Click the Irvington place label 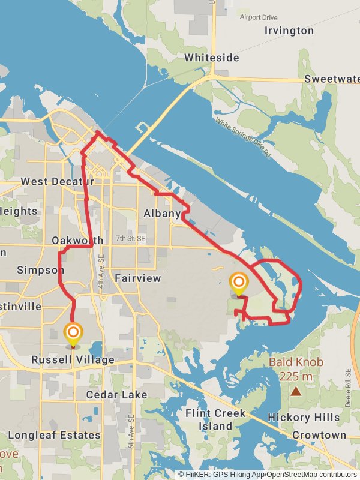[x=289, y=31]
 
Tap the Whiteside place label [x=212, y=58]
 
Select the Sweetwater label [x=331, y=79]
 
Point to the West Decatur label [x=58, y=181]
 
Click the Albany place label [x=162, y=214]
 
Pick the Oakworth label [x=77, y=241]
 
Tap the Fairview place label [x=138, y=278]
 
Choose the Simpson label [x=40, y=270]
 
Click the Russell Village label [x=73, y=360]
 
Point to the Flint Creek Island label [x=215, y=419]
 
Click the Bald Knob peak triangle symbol [x=296, y=391]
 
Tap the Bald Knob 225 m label [x=296, y=369]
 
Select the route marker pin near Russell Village [x=73, y=334]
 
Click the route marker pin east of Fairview [x=239, y=283]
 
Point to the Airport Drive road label [x=259, y=17]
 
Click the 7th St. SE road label [x=131, y=238]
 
